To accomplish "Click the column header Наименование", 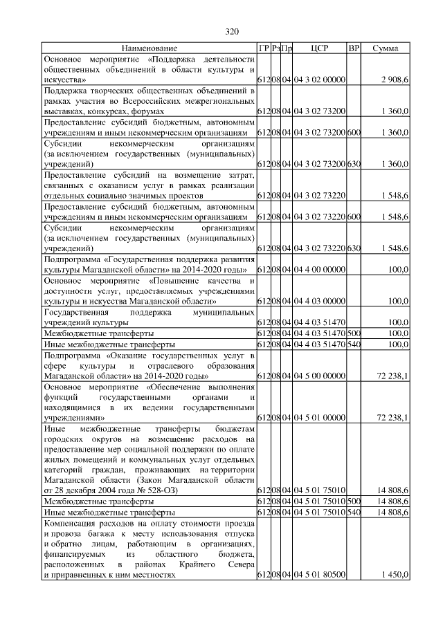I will [x=150, y=48].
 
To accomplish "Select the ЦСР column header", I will [x=319, y=48].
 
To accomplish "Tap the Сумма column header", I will [x=385, y=48].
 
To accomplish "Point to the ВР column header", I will [x=354, y=48].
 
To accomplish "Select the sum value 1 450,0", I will [x=395, y=575].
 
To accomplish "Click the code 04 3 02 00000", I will [x=319, y=81].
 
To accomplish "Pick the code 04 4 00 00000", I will [x=319, y=269].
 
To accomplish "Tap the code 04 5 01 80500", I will [x=319, y=575].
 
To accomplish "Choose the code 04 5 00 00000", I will [x=319, y=376].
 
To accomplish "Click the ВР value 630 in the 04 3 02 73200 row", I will [x=354, y=164].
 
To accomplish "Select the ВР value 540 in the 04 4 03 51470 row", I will [x=354, y=344].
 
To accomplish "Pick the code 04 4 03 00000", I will [x=319, y=301].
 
